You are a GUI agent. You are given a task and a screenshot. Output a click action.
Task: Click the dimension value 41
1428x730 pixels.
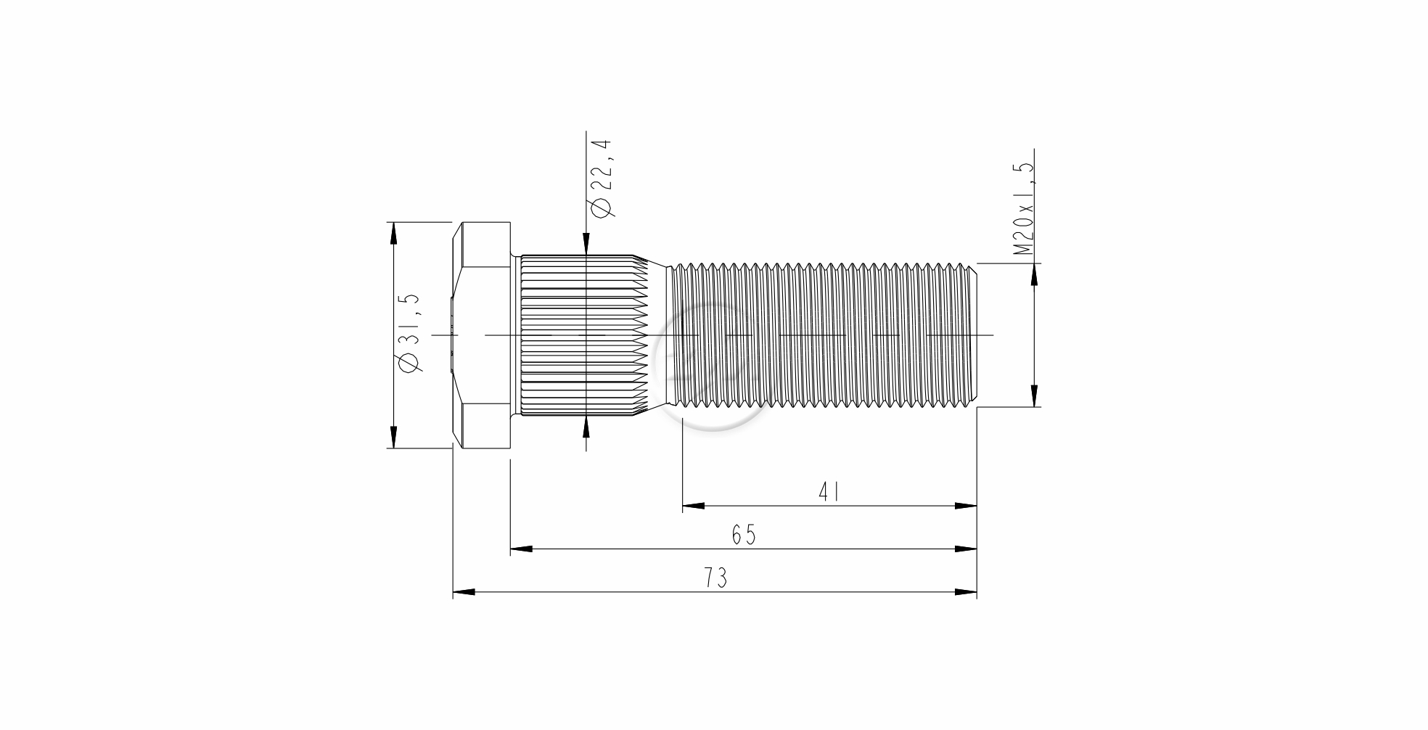(x=829, y=493)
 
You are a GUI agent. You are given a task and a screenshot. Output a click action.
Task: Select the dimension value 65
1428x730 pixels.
(x=744, y=536)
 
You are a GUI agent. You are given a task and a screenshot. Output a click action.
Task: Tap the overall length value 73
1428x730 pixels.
(x=715, y=578)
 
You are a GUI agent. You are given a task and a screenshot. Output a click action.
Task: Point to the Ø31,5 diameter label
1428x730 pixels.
(x=409, y=333)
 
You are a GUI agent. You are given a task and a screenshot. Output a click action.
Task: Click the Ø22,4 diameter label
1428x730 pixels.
(x=603, y=178)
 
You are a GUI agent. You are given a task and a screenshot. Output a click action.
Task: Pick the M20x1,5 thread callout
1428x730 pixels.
(x=1023, y=208)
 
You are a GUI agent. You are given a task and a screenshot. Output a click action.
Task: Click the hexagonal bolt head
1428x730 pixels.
(x=482, y=335)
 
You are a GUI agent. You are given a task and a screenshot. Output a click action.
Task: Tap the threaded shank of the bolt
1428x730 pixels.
(x=823, y=335)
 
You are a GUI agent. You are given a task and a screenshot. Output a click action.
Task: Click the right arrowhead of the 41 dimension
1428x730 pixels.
(x=966, y=506)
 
